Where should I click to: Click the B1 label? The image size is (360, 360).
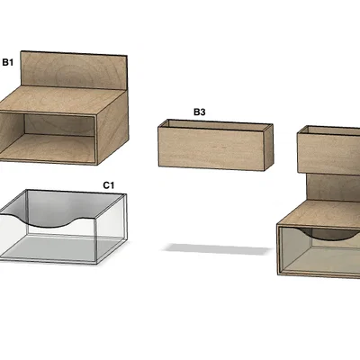8,62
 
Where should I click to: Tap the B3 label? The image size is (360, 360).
200,112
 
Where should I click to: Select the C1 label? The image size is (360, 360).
109,185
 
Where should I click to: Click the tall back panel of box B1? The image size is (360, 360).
75,71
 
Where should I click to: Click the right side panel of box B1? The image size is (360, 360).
112,127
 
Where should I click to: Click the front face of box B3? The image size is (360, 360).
211,148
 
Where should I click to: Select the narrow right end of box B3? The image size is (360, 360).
269,147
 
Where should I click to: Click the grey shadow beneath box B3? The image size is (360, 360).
215,249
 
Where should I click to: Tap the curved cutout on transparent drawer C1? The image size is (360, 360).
48,221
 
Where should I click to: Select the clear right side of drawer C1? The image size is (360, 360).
112,227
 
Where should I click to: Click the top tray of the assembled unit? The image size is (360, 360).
328,151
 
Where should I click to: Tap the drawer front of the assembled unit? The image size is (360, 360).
319,250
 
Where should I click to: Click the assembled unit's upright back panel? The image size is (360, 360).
333,187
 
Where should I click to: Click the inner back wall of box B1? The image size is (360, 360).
59,125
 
